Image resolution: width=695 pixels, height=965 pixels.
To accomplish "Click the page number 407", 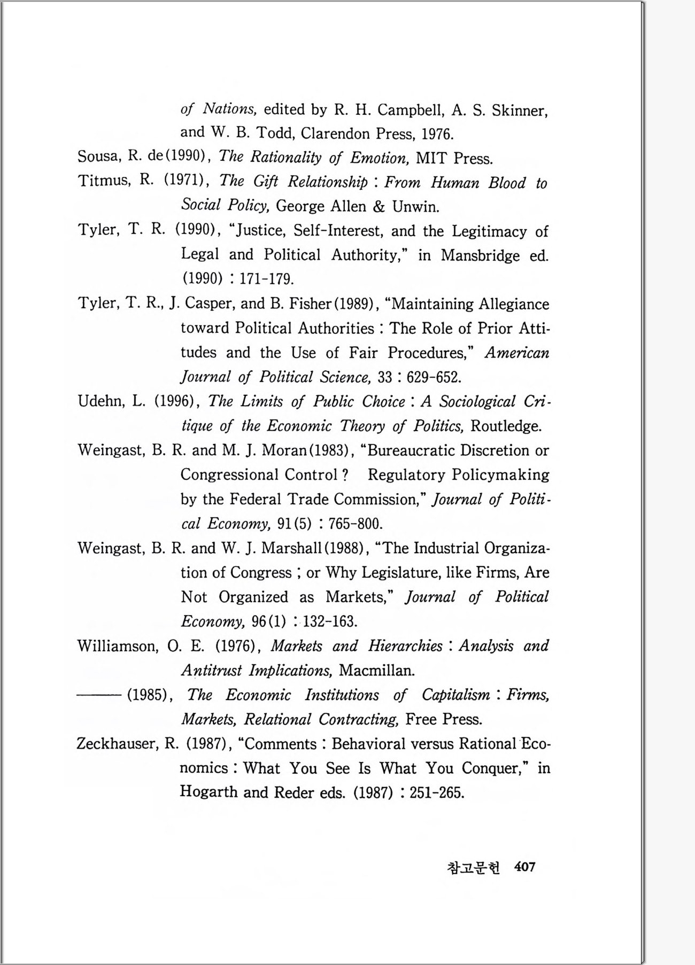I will pyautogui.click(x=524, y=867).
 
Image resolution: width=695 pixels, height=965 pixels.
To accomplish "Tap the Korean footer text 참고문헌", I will pyautogui.click(x=473, y=868).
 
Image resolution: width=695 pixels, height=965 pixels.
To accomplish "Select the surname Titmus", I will pyautogui.click(x=104, y=181).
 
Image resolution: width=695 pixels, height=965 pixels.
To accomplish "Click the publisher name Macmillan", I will pyautogui.click(x=376, y=671).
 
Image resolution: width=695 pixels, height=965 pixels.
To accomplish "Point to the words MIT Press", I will pyautogui.click(x=454, y=158).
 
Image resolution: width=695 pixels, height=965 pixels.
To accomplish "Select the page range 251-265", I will pyautogui.click(x=436, y=792).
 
